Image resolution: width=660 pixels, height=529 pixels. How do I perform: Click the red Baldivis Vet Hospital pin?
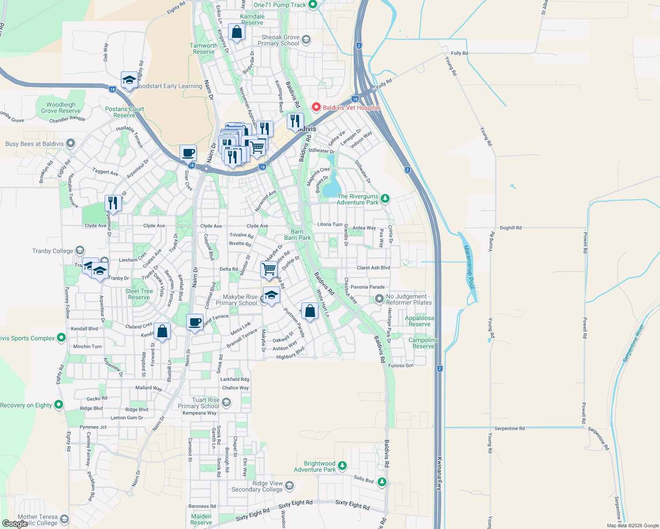click(316, 107)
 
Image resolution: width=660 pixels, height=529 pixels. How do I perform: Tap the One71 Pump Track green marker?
click(313, 5)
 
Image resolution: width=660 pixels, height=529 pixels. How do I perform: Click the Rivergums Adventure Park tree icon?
click(385, 199)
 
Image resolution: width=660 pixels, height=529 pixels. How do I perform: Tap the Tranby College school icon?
click(79, 251)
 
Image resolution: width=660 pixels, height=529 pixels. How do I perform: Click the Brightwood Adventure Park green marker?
click(342, 466)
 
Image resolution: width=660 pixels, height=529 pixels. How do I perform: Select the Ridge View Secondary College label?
click(257, 486)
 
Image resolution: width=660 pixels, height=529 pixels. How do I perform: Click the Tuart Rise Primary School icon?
click(226, 402)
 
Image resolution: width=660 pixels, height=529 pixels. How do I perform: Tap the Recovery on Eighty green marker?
click(58, 405)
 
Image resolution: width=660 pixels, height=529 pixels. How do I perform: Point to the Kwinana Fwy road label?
click(439, 473)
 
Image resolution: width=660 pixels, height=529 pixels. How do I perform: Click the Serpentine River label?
click(634, 343)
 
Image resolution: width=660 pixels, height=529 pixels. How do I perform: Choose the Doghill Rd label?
click(510, 228)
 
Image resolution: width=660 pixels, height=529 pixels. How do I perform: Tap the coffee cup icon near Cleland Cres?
click(195, 322)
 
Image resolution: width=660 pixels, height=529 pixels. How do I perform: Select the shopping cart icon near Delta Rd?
click(269, 268)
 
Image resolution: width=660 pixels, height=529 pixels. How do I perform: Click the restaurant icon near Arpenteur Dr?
click(113, 203)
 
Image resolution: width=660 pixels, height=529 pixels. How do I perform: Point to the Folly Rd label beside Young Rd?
click(459, 53)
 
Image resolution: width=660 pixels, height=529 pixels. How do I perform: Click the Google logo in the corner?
click(15, 523)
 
